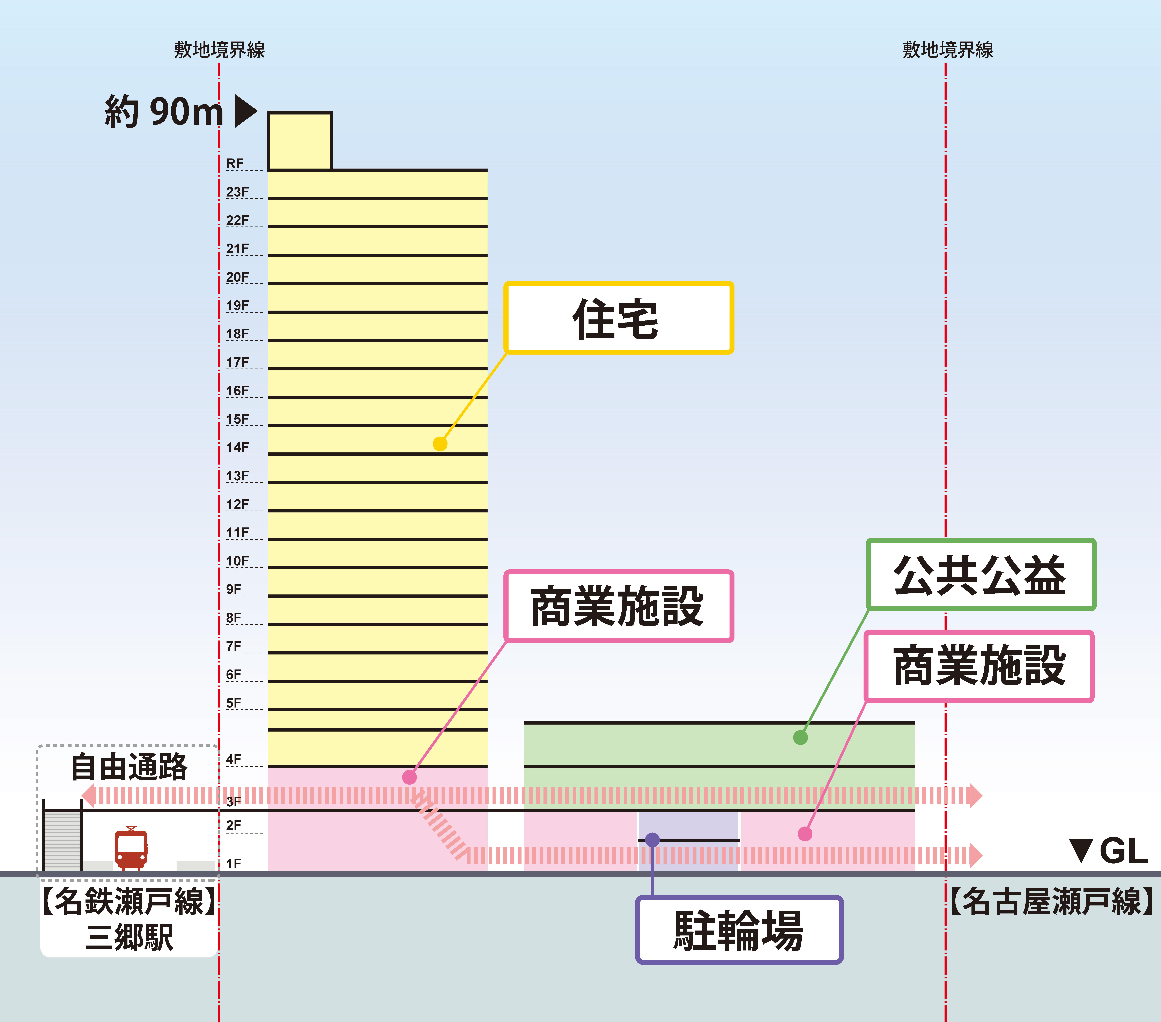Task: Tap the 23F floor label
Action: coord(237,192)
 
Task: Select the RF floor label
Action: coord(235,164)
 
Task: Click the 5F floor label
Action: coord(234,703)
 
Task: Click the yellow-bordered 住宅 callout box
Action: coord(619,318)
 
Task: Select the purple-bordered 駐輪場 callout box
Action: coord(739,930)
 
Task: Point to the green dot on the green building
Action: coord(800,737)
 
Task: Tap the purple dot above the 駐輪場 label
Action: coord(653,840)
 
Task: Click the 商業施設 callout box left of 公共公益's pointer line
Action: coord(619,606)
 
